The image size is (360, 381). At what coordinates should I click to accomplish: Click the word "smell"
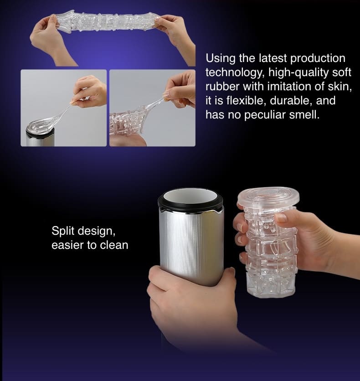tap(304, 114)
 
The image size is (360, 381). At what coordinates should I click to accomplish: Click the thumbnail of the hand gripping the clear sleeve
tap(152, 108)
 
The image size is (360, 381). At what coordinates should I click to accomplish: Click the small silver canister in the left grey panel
tap(40, 137)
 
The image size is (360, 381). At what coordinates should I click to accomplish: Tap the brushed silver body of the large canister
tap(191, 245)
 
